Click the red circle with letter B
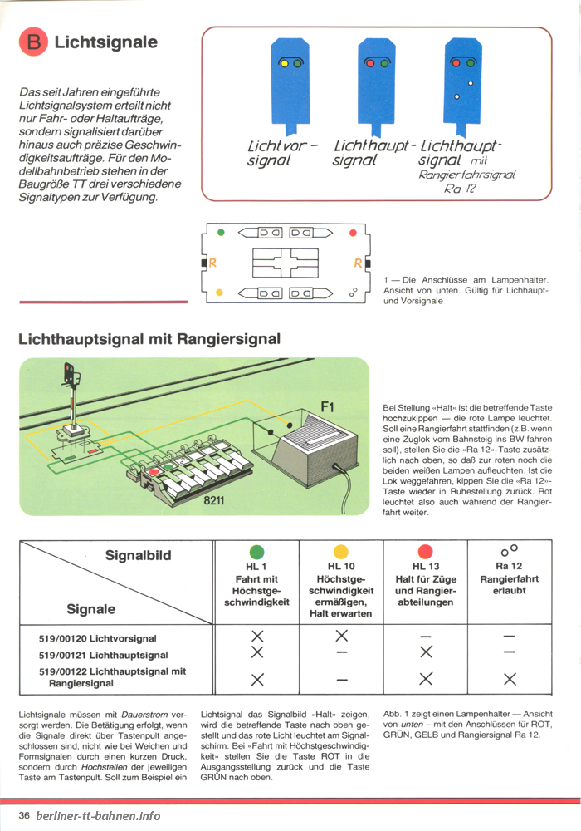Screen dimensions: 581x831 tap(33, 42)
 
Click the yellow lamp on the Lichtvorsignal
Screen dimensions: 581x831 tap(284, 64)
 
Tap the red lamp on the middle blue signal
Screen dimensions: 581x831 tap(370, 64)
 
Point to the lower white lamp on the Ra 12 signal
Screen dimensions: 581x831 tap(456, 96)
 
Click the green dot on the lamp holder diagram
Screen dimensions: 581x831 tap(221, 232)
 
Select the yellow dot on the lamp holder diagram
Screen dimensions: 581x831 tap(220, 292)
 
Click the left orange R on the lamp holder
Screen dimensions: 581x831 tap(212, 263)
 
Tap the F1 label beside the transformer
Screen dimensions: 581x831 tap(328, 407)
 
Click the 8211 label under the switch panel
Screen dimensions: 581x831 tap(214, 500)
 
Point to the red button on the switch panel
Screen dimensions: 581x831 tap(154, 470)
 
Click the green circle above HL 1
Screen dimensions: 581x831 tap(256, 552)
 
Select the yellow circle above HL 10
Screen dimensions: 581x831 tap(341, 552)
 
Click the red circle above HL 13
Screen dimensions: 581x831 tap(426, 552)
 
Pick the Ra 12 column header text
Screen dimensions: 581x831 tap(509, 566)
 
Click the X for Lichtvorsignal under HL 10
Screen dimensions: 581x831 tap(342, 636)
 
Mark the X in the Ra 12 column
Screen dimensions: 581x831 tap(510, 679)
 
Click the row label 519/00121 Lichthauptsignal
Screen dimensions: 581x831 tap(103, 656)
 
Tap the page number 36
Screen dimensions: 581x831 tap(24, 815)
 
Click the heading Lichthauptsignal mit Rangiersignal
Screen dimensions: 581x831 tap(149, 339)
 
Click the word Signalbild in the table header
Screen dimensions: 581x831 tap(138, 555)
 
